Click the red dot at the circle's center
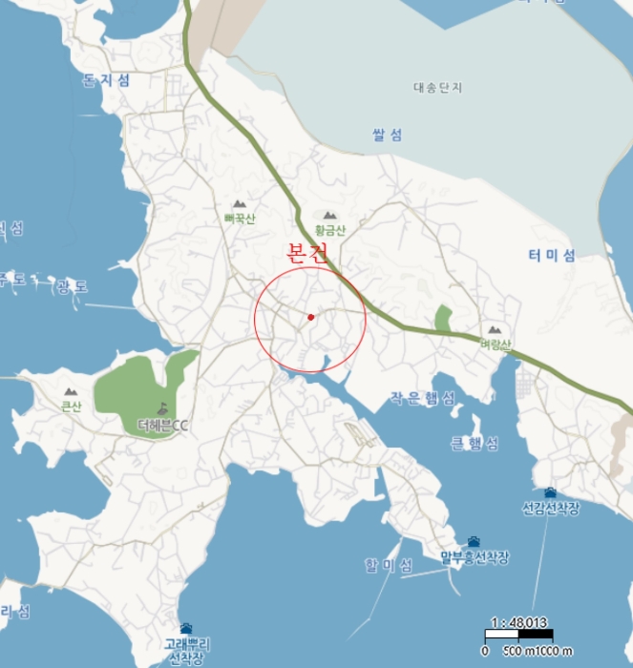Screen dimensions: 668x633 311,317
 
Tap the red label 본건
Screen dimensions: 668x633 307,254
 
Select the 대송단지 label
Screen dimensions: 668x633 437,88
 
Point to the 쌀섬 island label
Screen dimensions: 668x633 387,135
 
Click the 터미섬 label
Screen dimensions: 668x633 552,255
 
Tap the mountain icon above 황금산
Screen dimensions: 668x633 330,217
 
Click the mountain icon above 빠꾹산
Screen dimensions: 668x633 240,204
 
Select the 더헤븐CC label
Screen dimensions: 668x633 163,425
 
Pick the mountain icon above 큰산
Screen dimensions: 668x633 71,391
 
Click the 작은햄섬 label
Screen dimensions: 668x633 423,397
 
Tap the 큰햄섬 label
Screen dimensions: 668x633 474,444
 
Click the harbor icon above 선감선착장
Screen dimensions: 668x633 551,493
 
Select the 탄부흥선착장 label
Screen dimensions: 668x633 475,557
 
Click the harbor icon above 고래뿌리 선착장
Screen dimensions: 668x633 186,629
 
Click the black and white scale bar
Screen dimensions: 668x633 518,635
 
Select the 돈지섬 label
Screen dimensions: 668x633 106,80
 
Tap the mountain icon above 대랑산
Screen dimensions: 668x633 496,330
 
